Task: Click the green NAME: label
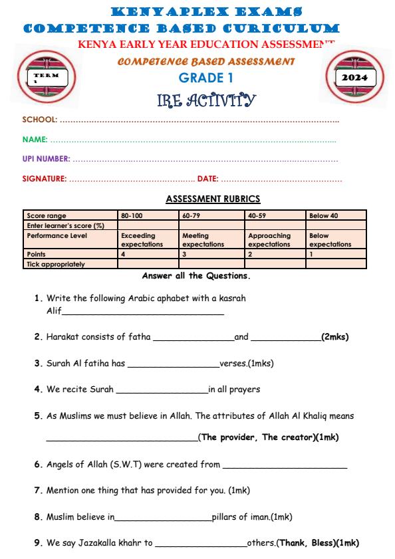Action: [x=35, y=140]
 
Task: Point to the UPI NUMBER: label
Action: [x=47, y=160]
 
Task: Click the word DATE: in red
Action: [x=207, y=179]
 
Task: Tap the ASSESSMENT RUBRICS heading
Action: [x=213, y=199]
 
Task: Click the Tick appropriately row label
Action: [x=57, y=264]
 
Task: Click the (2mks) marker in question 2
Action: [x=334, y=337]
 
